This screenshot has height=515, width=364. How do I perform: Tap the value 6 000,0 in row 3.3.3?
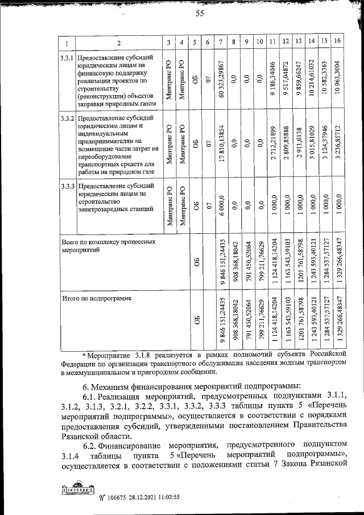pos(220,205)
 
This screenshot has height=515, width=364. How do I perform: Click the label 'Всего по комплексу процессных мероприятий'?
pos(108,245)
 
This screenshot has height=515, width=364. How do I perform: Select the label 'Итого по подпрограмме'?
pos(96,298)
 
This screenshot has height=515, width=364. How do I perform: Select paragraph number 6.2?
pos(89,444)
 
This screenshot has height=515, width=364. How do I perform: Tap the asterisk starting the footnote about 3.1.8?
pos(85,353)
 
